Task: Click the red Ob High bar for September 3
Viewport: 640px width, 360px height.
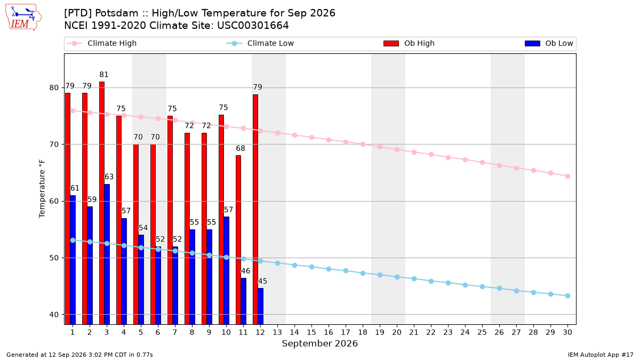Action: [102, 203]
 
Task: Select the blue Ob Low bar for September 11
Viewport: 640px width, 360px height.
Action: [243, 301]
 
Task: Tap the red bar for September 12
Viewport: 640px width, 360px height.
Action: [255, 210]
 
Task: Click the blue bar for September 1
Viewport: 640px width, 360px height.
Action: [73, 260]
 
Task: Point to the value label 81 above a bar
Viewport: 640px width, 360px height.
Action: [104, 75]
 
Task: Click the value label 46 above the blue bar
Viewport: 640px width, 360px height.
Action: [245, 271]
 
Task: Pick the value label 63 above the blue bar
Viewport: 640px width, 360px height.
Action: [109, 177]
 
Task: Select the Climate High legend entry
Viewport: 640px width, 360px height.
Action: [101, 43]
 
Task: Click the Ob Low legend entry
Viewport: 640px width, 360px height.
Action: [549, 43]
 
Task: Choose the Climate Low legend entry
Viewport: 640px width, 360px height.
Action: [260, 43]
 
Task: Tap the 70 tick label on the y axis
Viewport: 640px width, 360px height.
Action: [54, 145]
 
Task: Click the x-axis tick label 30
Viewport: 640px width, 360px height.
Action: [567, 332]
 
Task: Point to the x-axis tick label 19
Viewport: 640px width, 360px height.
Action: [380, 332]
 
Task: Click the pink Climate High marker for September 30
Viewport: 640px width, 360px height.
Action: [567, 177]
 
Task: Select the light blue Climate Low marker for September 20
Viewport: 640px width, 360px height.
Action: [397, 277]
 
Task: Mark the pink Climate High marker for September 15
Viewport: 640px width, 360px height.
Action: [311, 138]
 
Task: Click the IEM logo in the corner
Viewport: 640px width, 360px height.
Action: [23, 18]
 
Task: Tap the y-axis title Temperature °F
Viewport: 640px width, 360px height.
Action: [42, 189]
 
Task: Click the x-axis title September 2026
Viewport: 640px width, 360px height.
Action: [319, 343]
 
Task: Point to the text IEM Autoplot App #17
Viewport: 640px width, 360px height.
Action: [601, 355]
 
